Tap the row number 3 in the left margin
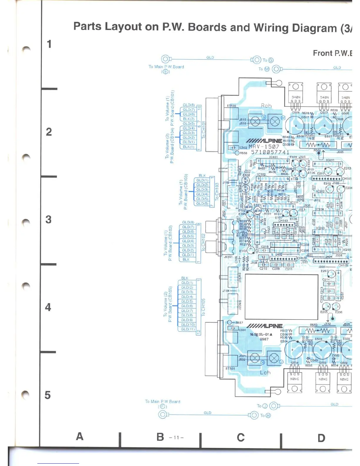tap(49, 219)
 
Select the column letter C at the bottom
tap(241, 437)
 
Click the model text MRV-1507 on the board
tap(264, 146)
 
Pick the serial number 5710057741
tap(270, 152)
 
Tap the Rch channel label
tap(266, 106)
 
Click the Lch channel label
tap(265, 372)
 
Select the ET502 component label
tap(231, 106)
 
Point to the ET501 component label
tap(230, 369)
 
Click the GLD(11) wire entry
tap(188, 329)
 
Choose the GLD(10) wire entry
tap(188, 324)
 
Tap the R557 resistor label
tap(239, 323)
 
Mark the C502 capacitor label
tap(243, 148)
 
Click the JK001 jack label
tap(228, 257)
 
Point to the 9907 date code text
tap(264, 339)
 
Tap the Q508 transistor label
tap(295, 113)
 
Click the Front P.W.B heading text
tap(332, 53)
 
